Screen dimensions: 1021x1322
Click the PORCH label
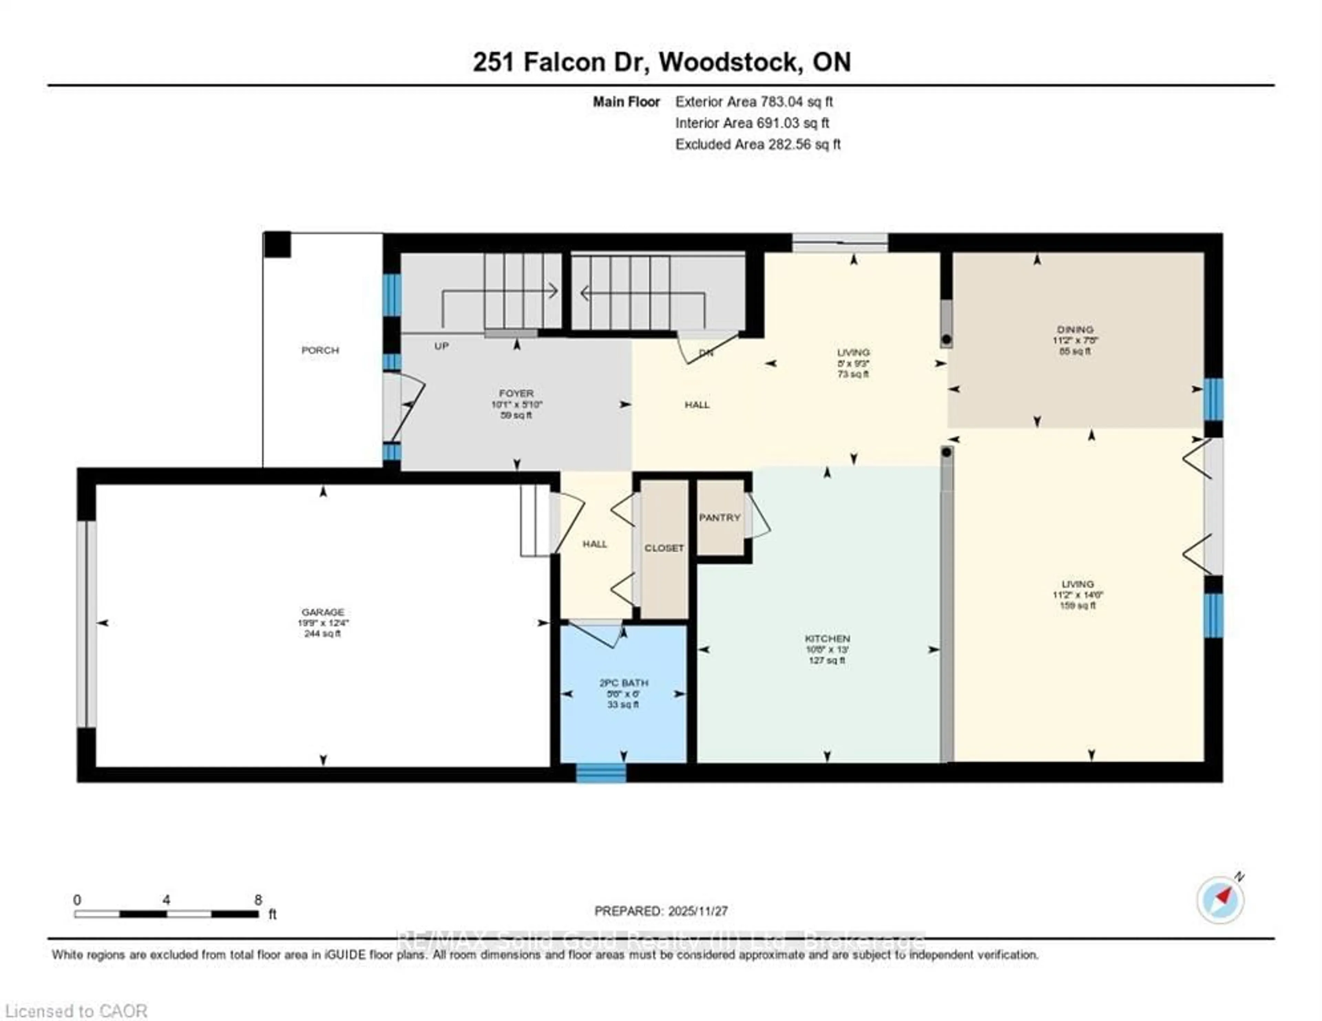pos(320,350)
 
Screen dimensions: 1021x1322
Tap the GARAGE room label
pos(323,612)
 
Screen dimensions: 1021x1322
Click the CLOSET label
pos(664,548)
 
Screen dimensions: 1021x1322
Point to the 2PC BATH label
pos(623,683)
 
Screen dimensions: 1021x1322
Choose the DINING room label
pos(1075,329)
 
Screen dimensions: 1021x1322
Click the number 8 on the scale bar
pos(259,900)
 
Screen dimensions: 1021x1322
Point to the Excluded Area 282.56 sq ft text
pos(758,144)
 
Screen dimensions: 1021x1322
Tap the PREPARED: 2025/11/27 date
pos(661,911)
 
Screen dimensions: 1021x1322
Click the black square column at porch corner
pos(277,245)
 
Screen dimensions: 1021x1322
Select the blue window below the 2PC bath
pos(600,774)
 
